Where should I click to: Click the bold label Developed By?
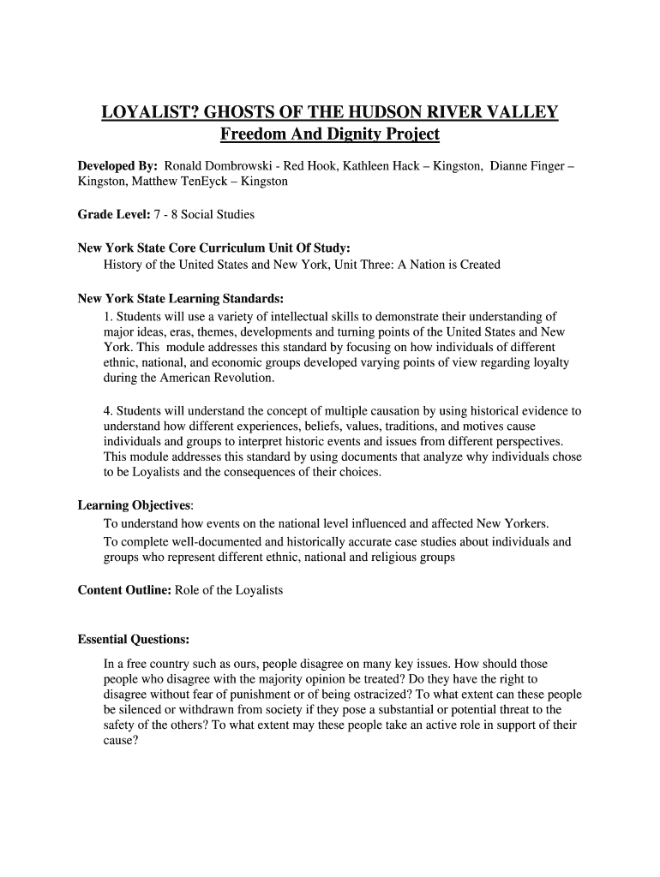(117, 164)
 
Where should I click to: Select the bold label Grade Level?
(111, 214)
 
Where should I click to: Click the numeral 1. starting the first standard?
(108, 315)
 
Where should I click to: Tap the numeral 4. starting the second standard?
(108, 411)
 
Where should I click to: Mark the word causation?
(396, 411)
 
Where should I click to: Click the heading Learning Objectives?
(134, 505)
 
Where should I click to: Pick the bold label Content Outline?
(124, 590)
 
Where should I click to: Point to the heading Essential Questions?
(134, 640)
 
